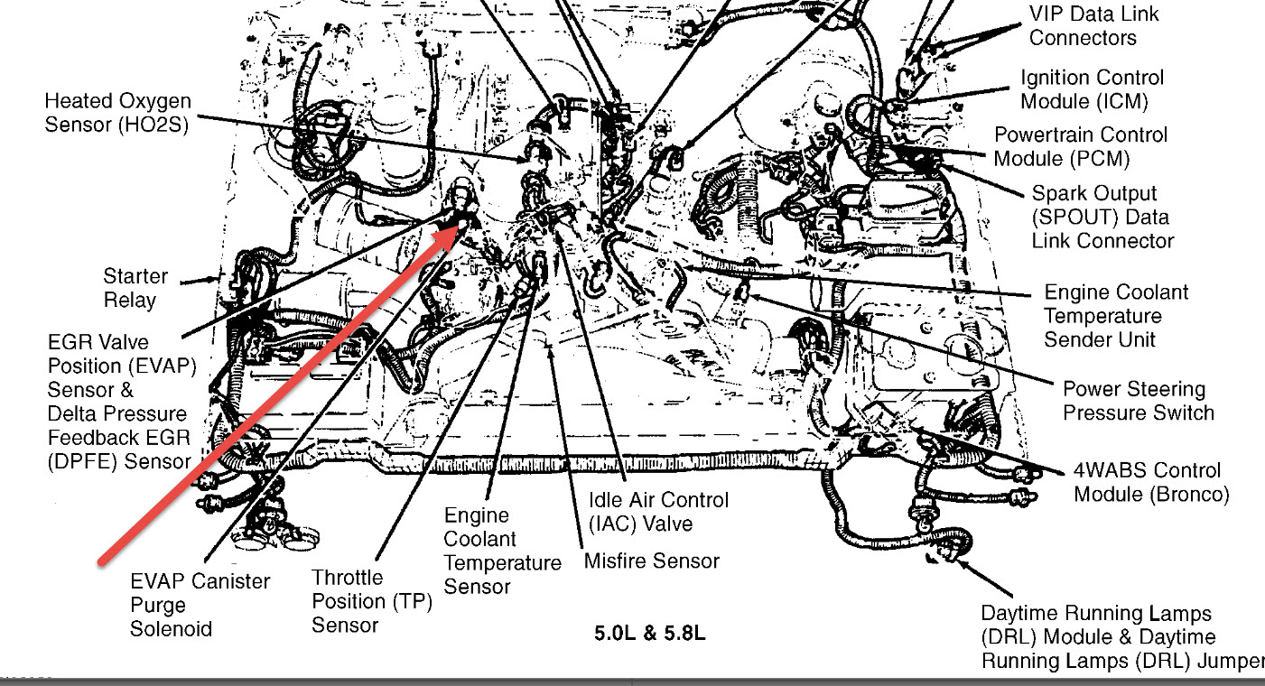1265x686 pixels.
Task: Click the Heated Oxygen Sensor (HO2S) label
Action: (x=117, y=114)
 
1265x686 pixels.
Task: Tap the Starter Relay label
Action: (x=135, y=288)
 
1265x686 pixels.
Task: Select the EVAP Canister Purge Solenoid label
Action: (x=200, y=605)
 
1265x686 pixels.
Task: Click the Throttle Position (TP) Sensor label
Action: (x=372, y=601)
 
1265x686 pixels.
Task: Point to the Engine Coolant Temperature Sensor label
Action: (x=502, y=551)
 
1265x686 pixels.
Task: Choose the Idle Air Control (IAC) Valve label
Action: (x=657, y=511)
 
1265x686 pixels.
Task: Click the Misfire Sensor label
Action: (x=651, y=561)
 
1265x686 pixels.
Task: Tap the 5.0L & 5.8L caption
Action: (x=649, y=633)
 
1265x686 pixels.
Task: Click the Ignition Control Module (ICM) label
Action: (x=1092, y=89)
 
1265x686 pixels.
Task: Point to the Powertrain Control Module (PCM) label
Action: (x=1080, y=146)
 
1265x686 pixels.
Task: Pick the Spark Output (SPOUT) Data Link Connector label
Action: (x=1102, y=218)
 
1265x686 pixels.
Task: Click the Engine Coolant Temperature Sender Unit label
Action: (x=1116, y=316)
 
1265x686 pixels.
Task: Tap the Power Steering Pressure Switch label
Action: (x=1138, y=401)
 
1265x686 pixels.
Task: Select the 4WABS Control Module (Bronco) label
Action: (x=1150, y=482)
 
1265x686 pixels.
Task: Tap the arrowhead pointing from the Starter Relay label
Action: (x=217, y=280)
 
